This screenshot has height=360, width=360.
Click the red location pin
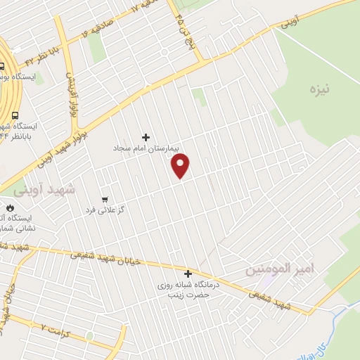pos(181,166)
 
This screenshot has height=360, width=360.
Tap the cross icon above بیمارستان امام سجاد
pos(146,137)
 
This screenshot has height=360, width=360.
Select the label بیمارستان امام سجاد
pos(146,149)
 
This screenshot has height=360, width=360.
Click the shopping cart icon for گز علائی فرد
pos(105,200)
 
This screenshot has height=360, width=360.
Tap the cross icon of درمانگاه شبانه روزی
pos(188,274)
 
